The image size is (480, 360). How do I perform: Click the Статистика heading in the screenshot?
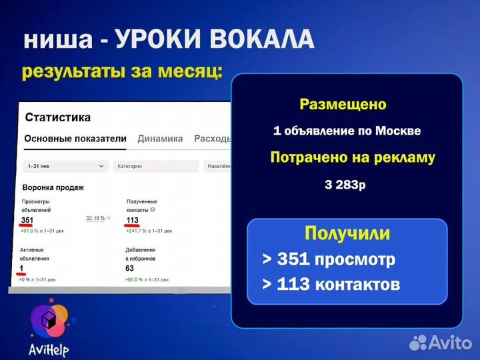(x=57, y=117)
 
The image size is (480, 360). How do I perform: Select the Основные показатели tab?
(x=75, y=139)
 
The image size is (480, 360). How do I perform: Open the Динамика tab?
(x=160, y=139)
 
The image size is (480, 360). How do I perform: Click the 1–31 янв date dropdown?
(x=65, y=166)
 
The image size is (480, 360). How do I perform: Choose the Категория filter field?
(x=155, y=166)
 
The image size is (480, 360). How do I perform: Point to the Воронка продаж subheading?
(x=53, y=187)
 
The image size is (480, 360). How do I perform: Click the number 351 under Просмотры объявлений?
(x=27, y=221)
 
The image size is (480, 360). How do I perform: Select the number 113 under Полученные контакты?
(x=133, y=221)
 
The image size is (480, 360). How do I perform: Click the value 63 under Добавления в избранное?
(x=130, y=269)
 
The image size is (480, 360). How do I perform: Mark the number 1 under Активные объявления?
(x=22, y=269)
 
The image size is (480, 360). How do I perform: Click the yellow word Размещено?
(x=343, y=105)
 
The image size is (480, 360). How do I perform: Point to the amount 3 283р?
(x=345, y=185)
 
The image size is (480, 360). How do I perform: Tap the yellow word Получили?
(x=347, y=233)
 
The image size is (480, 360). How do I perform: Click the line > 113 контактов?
(x=331, y=285)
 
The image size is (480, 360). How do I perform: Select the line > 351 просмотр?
(x=328, y=259)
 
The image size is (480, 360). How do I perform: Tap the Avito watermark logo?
(x=441, y=342)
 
